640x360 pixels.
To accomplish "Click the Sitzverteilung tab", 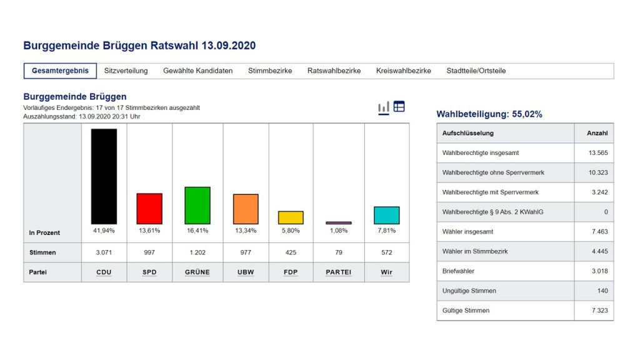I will coord(126,71).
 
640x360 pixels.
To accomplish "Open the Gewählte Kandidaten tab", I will coord(197,71).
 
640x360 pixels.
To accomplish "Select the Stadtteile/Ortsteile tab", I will coord(476,71).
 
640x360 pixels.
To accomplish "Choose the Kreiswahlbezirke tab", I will coord(403,71).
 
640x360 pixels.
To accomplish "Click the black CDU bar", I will coord(104,176).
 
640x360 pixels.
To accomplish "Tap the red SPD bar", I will coord(149,209).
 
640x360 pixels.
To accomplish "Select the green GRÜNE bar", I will coord(197,206).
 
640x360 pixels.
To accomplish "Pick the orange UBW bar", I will coord(246,209).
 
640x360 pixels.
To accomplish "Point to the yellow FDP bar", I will coord(291,217).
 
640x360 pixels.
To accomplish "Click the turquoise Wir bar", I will coord(386,215).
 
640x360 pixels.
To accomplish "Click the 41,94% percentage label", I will coord(104,231).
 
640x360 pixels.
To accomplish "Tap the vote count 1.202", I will coord(197,252).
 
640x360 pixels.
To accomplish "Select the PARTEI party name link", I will coord(339,272).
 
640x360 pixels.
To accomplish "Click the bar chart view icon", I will coord(384,107).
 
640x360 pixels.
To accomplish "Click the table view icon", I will coord(399,107).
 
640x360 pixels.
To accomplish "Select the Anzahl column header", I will coord(597,133).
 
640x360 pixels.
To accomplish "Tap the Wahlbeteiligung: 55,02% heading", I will coord(489,114).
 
